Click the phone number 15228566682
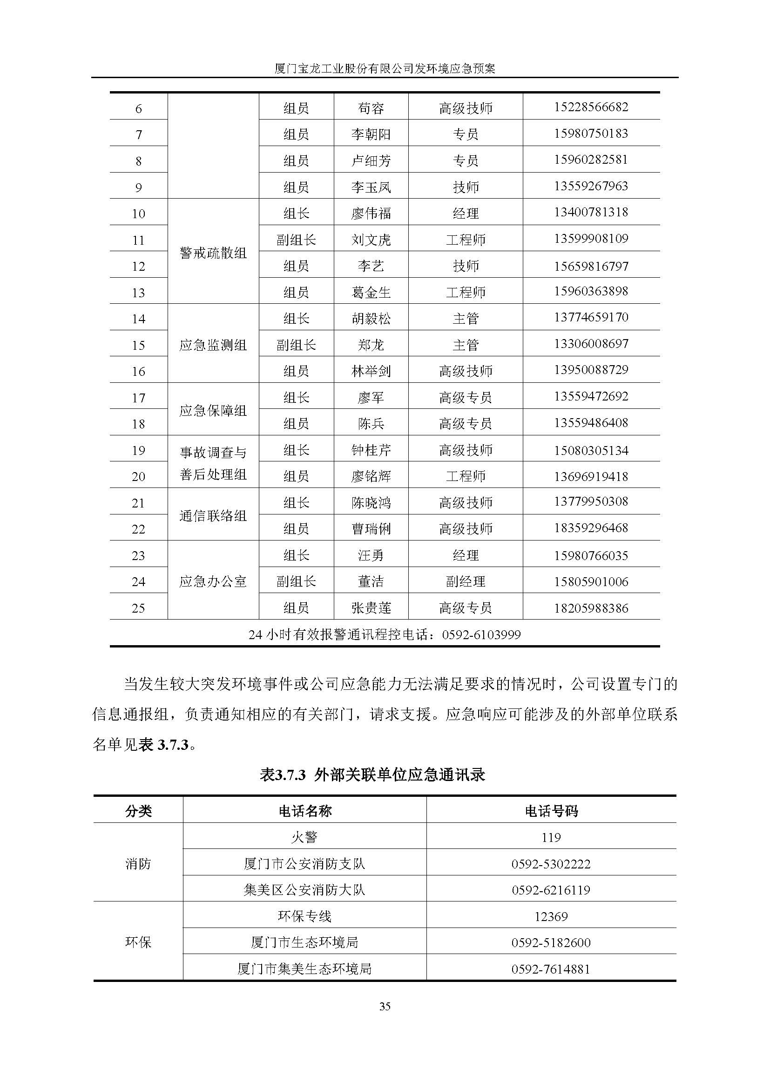[x=591, y=107]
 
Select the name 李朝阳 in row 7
[x=371, y=134]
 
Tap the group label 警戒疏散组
[x=213, y=253]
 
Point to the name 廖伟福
[x=371, y=213]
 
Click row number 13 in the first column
[x=138, y=293]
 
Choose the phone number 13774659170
[x=591, y=317]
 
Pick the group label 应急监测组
[x=213, y=345]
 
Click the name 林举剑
[x=371, y=371]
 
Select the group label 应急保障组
[x=213, y=410]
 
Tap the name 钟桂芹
[x=371, y=450]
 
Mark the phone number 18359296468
[x=591, y=528]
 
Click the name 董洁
[x=371, y=581]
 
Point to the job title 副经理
[x=466, y=581]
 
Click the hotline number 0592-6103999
[x=481, y=634]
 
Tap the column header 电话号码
[x=551, y=811]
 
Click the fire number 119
[x=551, y=838]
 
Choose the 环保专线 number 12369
[x=551, y=916]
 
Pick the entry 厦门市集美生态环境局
[x=304, y=969]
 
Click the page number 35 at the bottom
[x=385, y=1006]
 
